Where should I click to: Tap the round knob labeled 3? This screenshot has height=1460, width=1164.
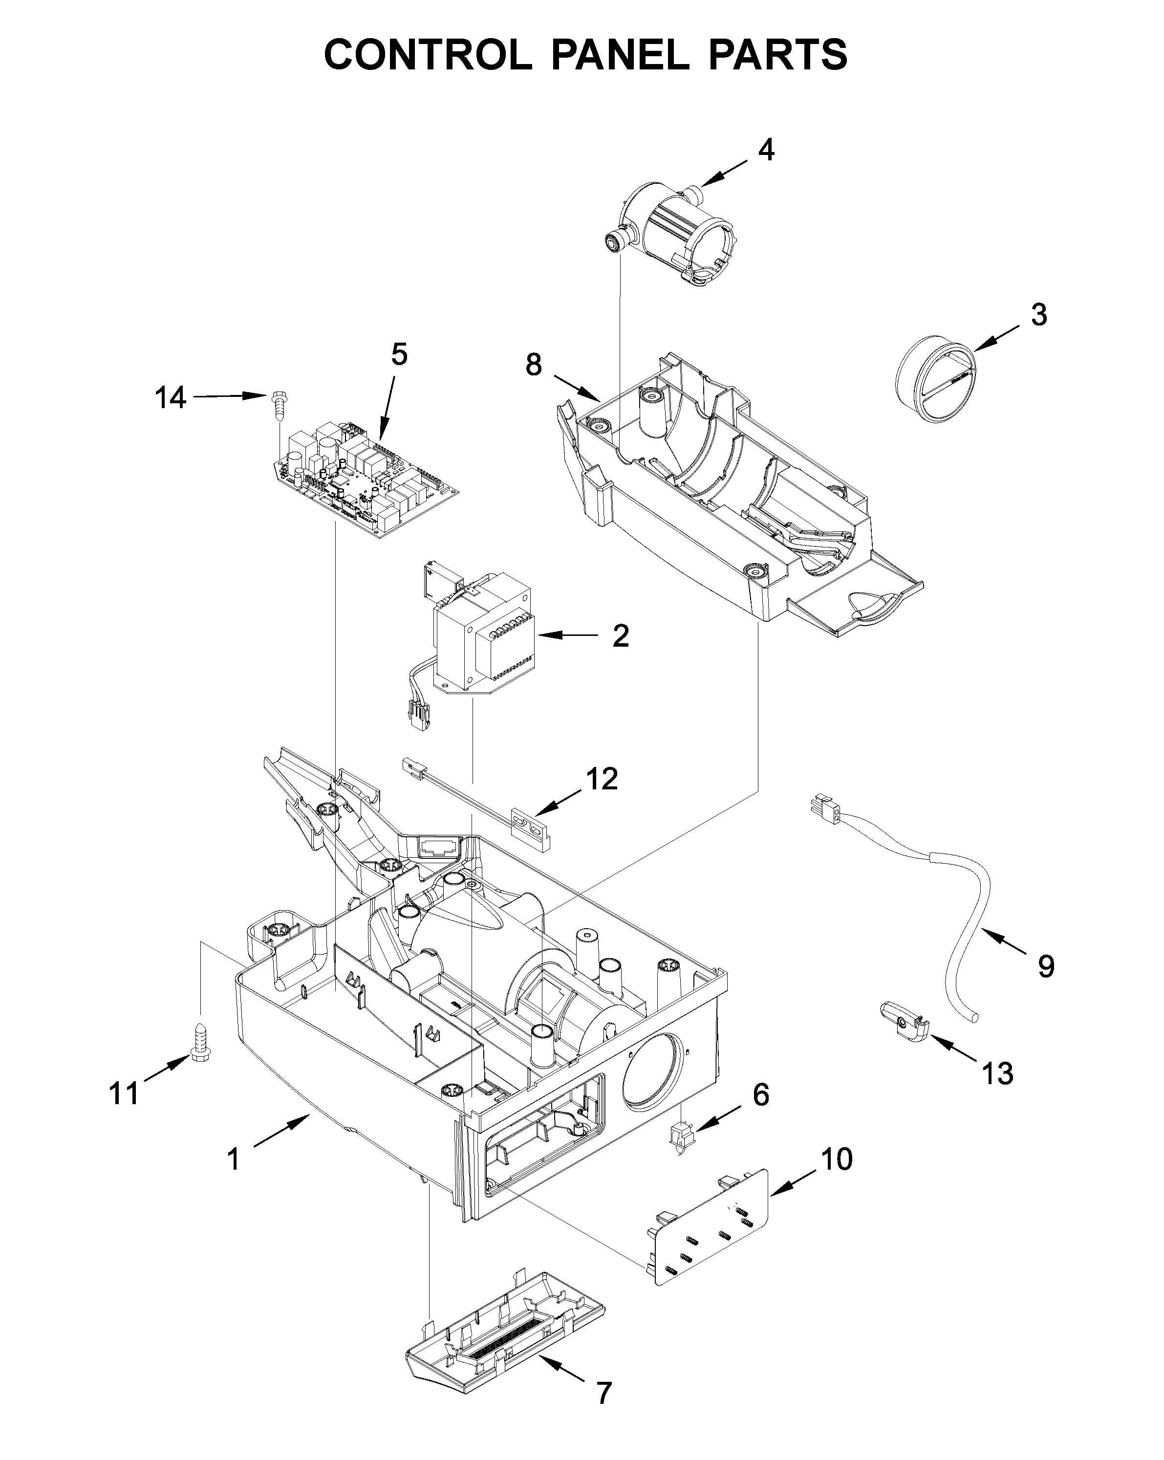[x=937, y=383]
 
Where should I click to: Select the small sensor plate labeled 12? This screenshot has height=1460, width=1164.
[x=532, y=828]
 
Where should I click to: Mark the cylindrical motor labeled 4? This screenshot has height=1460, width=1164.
[x=677, y=234]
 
